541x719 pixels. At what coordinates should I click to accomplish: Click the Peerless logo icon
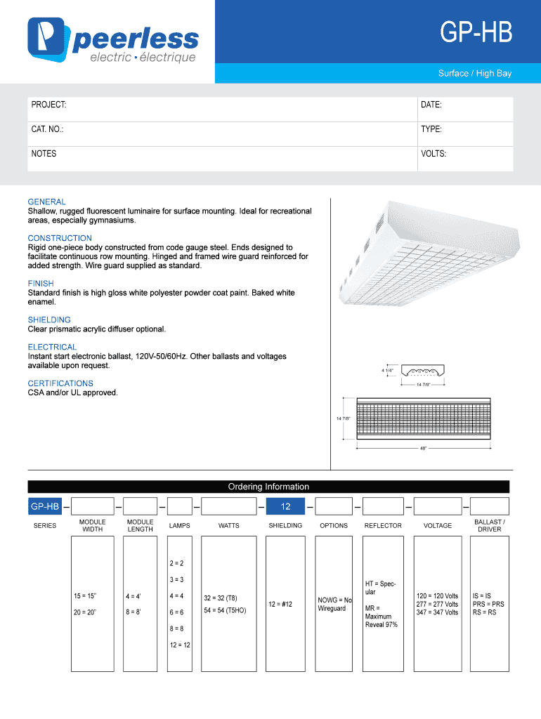[x=47, y=40]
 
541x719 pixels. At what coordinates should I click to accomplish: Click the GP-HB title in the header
[x=476, y=33]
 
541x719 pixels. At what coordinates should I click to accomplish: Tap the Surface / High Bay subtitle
[x=474, y=73]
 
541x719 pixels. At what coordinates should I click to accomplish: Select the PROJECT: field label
[x=48, y=105]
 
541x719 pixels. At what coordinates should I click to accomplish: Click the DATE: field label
[x=431, y=105]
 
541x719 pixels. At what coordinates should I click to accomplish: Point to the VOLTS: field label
[x=434, y=154]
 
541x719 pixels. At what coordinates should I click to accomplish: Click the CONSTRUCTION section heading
[x=60, y=238]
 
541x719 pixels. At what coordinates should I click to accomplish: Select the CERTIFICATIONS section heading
[x=60, y=383]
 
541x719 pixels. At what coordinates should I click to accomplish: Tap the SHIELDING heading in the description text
[x=49, y=319]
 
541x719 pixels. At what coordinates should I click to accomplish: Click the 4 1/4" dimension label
[x=387, y=369]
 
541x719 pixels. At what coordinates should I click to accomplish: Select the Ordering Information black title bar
[x=268, y=487]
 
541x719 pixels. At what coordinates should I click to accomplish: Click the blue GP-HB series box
[x=44, y=506]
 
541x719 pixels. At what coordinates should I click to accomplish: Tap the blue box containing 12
[x=285, y=506]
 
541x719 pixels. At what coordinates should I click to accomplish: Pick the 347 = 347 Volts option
[x=437, y=612]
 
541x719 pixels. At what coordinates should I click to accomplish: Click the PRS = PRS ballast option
[x=488, y=604]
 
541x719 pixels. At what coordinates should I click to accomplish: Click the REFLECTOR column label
[x=383, y=525]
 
